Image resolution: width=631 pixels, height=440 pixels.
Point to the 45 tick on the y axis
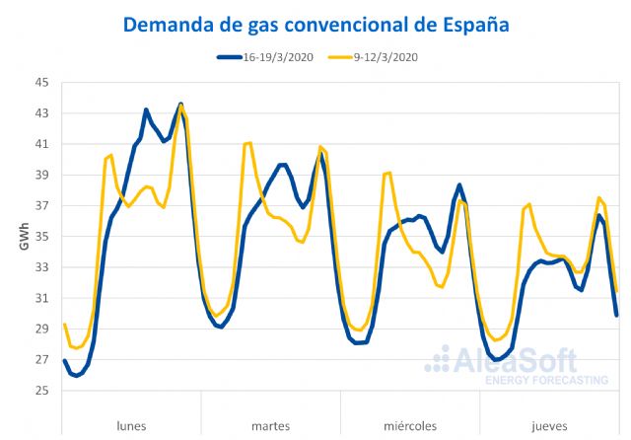coord(41,83)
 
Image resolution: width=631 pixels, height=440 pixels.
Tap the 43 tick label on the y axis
coord(41,113)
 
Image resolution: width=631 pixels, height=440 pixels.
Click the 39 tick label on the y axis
coord(41,175)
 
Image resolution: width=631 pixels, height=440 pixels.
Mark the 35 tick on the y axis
coord(41,237)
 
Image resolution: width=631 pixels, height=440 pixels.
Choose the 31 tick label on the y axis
coord(41,298)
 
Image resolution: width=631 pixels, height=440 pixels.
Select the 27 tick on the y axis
coord(41,360)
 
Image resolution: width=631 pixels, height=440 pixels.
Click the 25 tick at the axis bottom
coord(41,391)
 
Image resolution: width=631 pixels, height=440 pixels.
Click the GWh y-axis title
coord(23,237)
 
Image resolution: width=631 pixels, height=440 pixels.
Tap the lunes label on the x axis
coord(131,426)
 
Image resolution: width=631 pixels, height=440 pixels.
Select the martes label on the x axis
coord(270,426)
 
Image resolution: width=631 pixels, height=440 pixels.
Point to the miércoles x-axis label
coord(409,426)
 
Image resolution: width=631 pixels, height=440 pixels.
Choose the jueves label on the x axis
coord(549,426)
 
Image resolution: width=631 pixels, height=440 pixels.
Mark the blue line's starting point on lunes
coord(64,360)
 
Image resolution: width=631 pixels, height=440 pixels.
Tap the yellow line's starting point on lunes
coord(64,324)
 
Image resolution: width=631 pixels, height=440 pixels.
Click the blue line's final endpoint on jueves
coord(617,315)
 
